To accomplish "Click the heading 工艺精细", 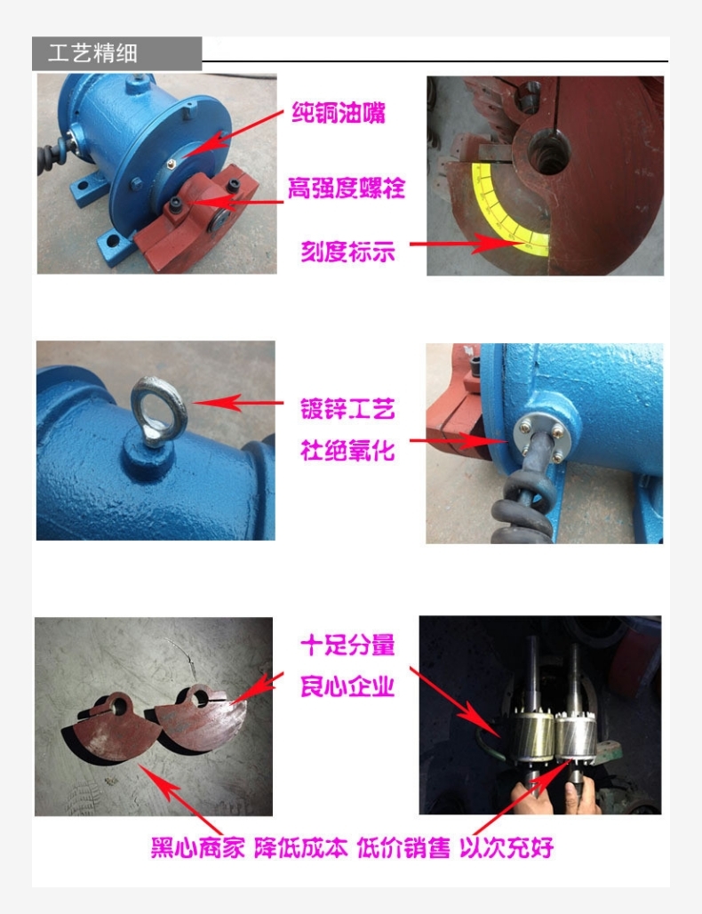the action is pyautogui.click(x=92, y=53).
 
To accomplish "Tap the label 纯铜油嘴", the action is pyautogui.click(x=339, y=113).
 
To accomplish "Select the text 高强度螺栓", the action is pyautogui.click(x=347, y=188).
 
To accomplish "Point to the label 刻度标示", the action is pyautogui.click(x=347, y=252).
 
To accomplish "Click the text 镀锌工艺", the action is pyautogui.click(x=347, y=409).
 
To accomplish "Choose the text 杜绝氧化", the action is pyautogui.click(x=347, y=451).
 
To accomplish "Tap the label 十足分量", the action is pyautogui.click(x=347, y=645).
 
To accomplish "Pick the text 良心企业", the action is pyautogui.click(x=347, y=686).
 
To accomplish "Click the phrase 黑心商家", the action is pyautogui.click(x=198, y=847).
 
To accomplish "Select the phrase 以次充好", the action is pyautogui.click(x=507, y=847).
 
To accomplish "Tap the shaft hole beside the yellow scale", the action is pyautogui.click(x=547, y=152).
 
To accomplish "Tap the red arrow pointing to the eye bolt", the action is pyautogui.click(x=237, y=403).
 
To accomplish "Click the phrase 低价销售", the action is pyautogui.click(x=403, y=847).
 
